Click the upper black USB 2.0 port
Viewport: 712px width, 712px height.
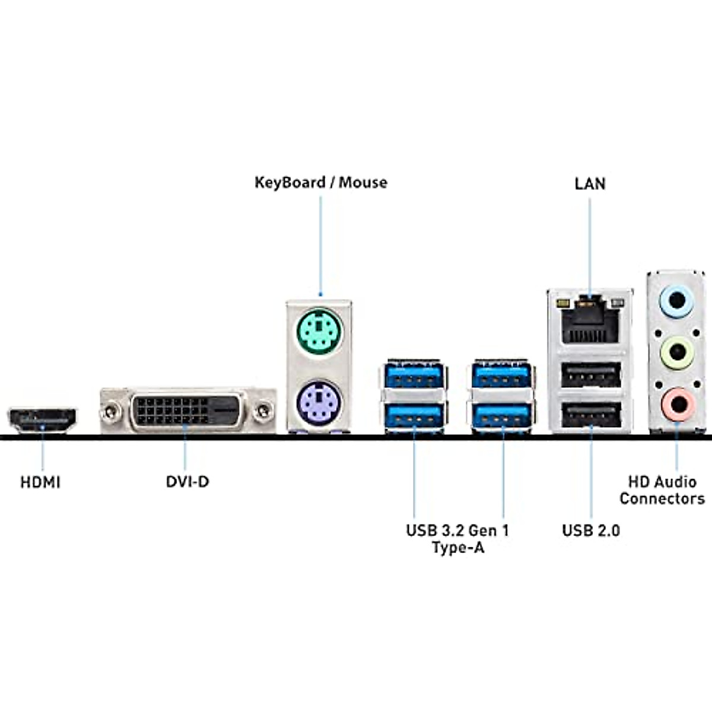[x=590, y=375]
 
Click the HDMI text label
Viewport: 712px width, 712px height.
[x=40, y=482]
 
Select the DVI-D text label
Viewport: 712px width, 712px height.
[x=187, y=481]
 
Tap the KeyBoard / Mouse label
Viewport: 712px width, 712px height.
[x=320, y=182]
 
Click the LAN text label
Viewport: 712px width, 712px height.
[x=590, y=183]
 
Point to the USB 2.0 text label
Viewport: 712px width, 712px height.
[x=591, y=530]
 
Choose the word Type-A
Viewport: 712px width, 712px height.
[x=458, y=547]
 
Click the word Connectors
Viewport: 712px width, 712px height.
[x=662, y=498]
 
